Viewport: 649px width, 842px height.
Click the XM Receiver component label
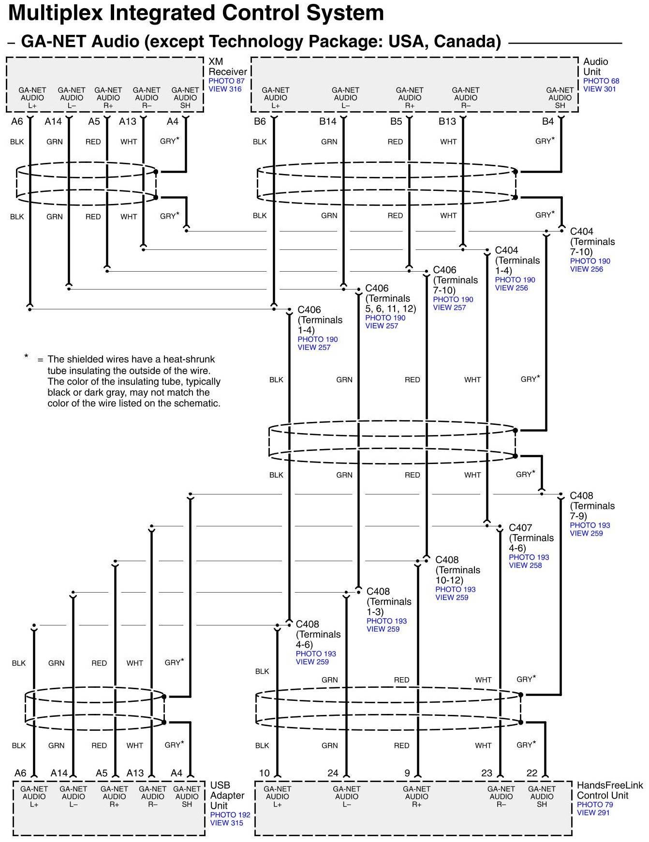[x=227, y=67]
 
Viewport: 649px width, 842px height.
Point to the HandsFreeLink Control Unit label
[x=609, y=790]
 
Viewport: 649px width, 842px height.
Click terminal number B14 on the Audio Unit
[x=327, y=121]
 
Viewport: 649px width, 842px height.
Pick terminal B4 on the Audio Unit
[x=547, y=121]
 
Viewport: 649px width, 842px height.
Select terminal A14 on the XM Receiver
[x=53, y=121]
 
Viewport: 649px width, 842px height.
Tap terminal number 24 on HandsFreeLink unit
[x=333, y=773]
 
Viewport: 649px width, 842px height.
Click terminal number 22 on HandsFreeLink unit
[x=531, y=773]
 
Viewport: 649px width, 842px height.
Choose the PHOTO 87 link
[x=226, y=81]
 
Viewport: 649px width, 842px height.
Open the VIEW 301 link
[x=599, y=89]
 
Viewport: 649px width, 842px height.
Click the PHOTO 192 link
[x=230, y=814]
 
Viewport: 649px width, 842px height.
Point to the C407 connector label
[x=520, y=528]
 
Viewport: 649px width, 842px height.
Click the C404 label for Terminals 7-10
[x=581, y=232]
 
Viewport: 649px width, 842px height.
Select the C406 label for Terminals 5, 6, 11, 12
[x=377, y=289]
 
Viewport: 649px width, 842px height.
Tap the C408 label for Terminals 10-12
[x=447, y=560]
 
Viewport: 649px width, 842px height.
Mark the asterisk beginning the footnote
[x=26, y=357]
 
